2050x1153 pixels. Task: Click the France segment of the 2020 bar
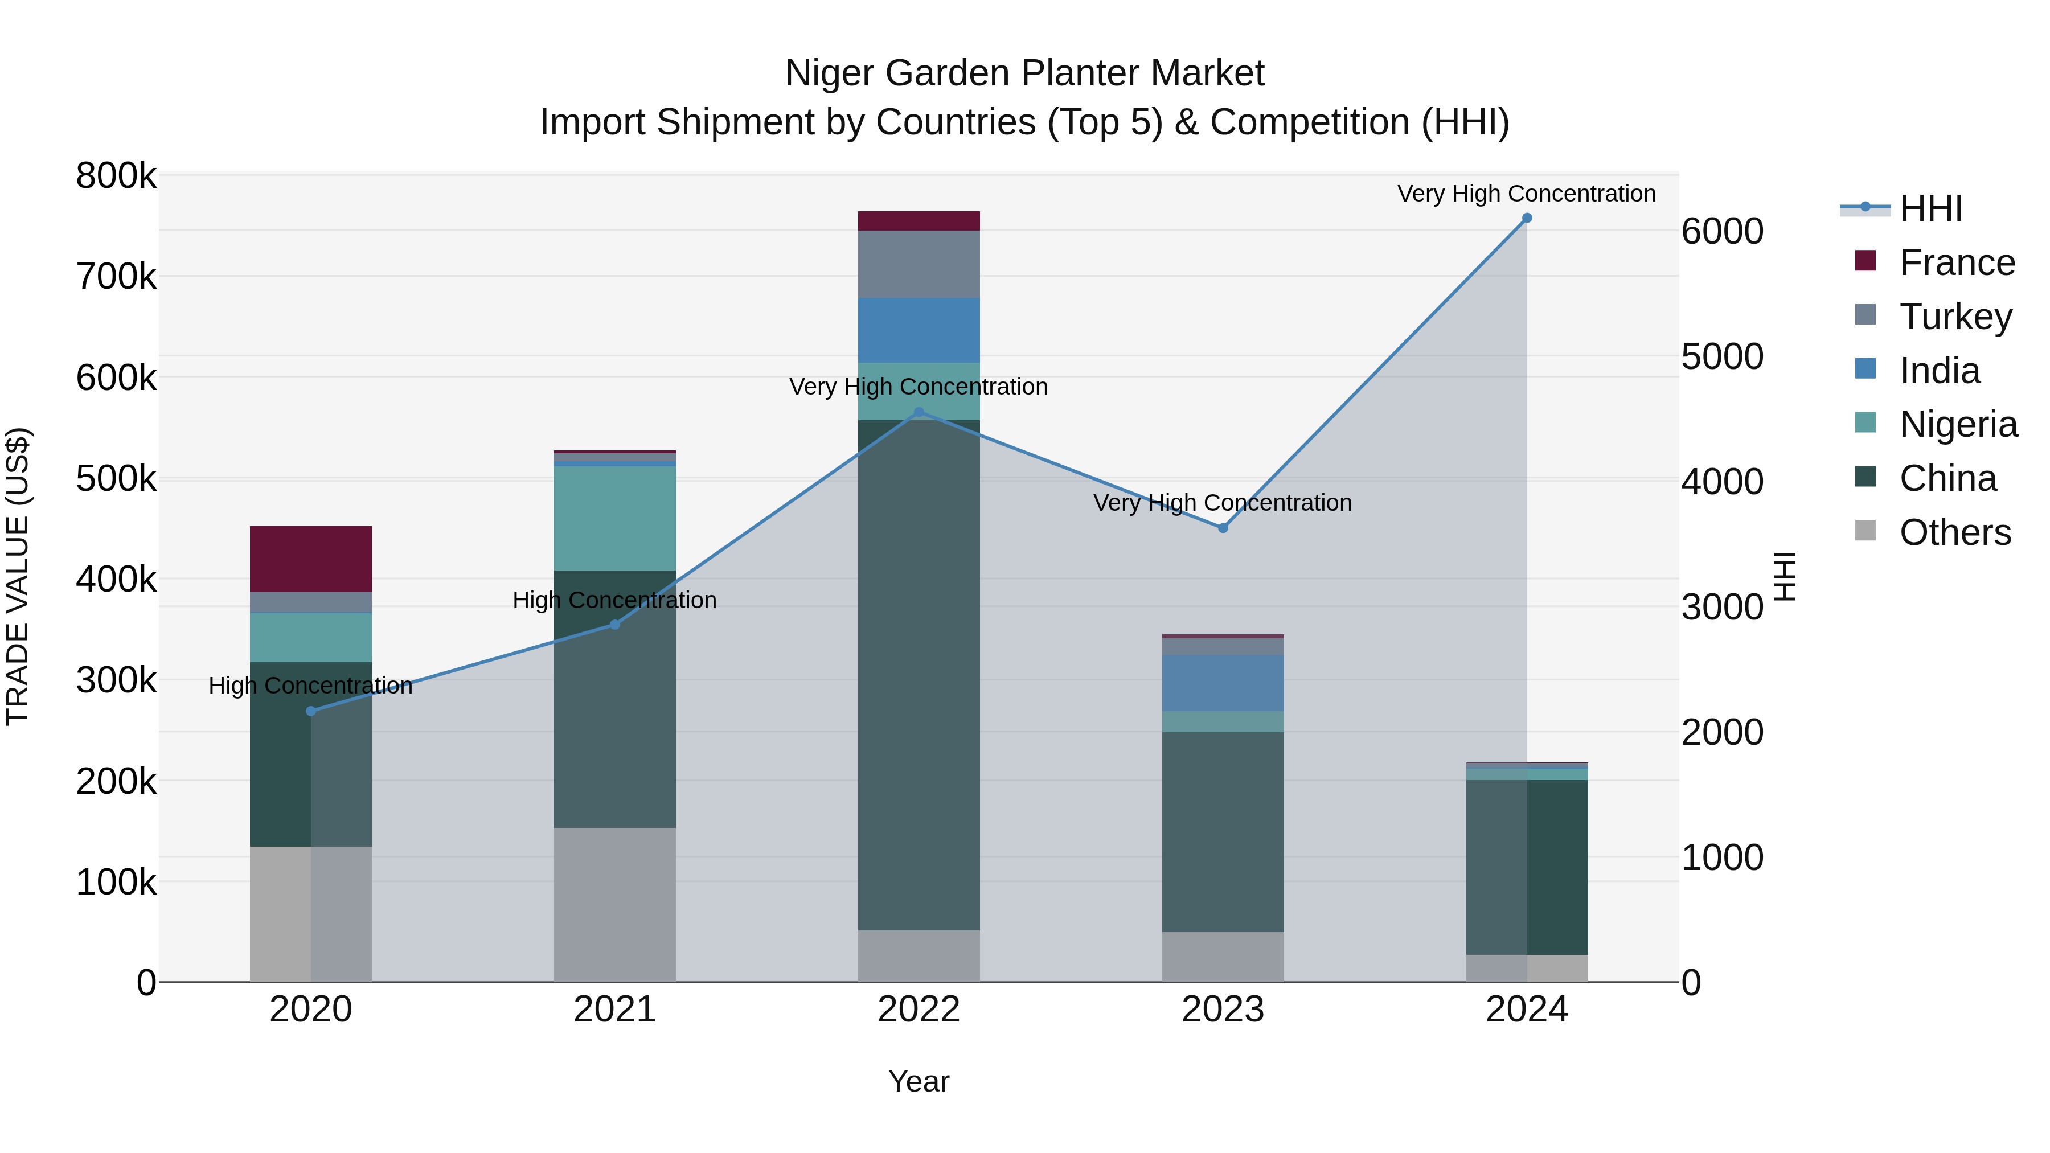(310, 559)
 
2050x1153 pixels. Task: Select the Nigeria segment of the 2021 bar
(614, 518)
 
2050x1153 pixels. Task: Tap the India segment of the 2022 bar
(919, 330)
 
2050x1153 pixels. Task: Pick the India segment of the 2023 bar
(1223, 683)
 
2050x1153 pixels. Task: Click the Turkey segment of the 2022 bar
(919, 264)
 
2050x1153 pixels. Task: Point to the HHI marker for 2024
(1526, 218)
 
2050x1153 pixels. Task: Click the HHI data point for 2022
(919, 412)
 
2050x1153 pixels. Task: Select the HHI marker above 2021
(614, 625)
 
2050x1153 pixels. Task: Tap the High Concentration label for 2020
(310, 686)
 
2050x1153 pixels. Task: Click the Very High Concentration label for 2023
(1223, 503)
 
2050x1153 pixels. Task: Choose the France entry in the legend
(1957, 262)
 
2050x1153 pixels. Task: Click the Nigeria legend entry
(1958, 424)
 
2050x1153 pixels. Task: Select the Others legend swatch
(1864, 531)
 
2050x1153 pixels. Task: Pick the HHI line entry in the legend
(1930, 208)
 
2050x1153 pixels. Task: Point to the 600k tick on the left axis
(116, 378)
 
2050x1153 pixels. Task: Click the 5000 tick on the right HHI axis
(1722, 356)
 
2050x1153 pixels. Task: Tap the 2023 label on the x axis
(1223, 1010)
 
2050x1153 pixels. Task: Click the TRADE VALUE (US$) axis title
(18, 576)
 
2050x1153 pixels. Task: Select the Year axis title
(919, 1081)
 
